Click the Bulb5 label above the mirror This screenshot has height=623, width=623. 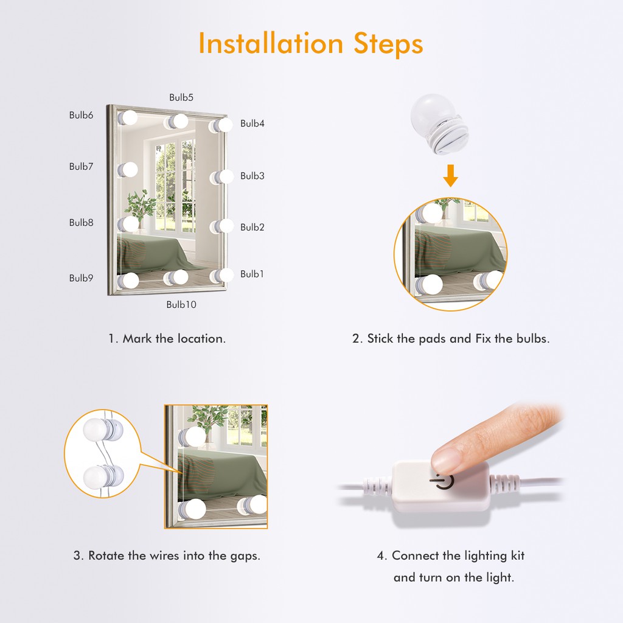(181, 97)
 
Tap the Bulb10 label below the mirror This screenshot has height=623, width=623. (181, 304)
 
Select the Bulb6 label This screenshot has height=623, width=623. (81, 115)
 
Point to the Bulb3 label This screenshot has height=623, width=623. (252, 176)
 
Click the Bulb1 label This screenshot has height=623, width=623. (252, 274)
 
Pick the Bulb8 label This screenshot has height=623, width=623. (81, 223)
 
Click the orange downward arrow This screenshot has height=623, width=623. (451, 176)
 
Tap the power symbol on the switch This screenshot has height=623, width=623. (442, 483)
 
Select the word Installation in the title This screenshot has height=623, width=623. (271, 43)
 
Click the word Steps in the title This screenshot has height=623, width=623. (388, 44)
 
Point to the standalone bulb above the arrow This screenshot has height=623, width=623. (439, 124)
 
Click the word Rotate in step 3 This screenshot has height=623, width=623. (106, 555)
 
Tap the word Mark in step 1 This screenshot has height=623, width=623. (137, 338)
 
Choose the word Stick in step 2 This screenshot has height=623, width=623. (380, 338)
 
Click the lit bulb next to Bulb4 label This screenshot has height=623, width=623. (221, 125)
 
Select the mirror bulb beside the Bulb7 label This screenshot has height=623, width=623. (128, 170)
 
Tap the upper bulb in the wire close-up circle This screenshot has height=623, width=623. (103, 430)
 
